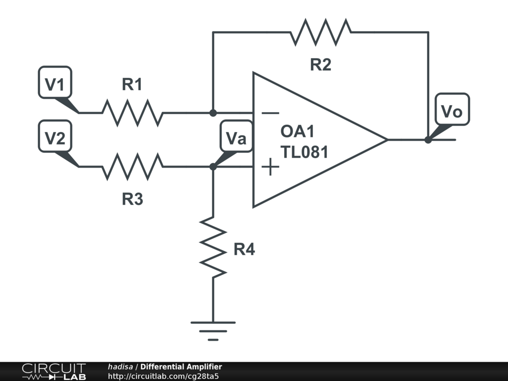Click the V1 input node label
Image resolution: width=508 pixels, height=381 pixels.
tap(55, 83)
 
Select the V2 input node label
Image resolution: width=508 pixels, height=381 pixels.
tap(55, 136)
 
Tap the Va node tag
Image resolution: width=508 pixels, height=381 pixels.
tap(236, 136)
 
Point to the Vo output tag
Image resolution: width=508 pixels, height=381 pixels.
tap(452, 110)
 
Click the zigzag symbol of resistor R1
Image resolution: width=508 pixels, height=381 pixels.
tap(133, 113)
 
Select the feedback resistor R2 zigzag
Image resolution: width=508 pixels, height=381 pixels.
tap(321, 32)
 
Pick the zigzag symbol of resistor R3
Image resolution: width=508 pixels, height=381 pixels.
tap(133, 167)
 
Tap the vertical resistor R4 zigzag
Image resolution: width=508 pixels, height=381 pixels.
tap(213, 248)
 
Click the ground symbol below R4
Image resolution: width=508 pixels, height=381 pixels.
tap(213, 331)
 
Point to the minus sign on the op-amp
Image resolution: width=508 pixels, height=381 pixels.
tap(270, 113)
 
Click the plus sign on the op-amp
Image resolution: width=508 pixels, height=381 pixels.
tap(270, 167)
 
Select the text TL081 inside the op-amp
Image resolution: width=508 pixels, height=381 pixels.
tap(304, 152)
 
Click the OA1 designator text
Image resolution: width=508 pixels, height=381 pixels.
tap(298, 131)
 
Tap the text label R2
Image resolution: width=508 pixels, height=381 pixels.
tap(321, 64)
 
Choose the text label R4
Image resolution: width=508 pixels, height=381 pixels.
tap(244, 250)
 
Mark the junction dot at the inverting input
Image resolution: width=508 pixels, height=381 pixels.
tap(213, 113)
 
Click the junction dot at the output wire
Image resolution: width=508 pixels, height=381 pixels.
tap(428, 140)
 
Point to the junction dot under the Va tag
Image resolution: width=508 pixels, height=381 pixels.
tap(213, 167)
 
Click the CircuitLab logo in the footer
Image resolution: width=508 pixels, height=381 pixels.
tap(54, 371)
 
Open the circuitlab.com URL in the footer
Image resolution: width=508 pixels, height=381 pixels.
tap(163, 376)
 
